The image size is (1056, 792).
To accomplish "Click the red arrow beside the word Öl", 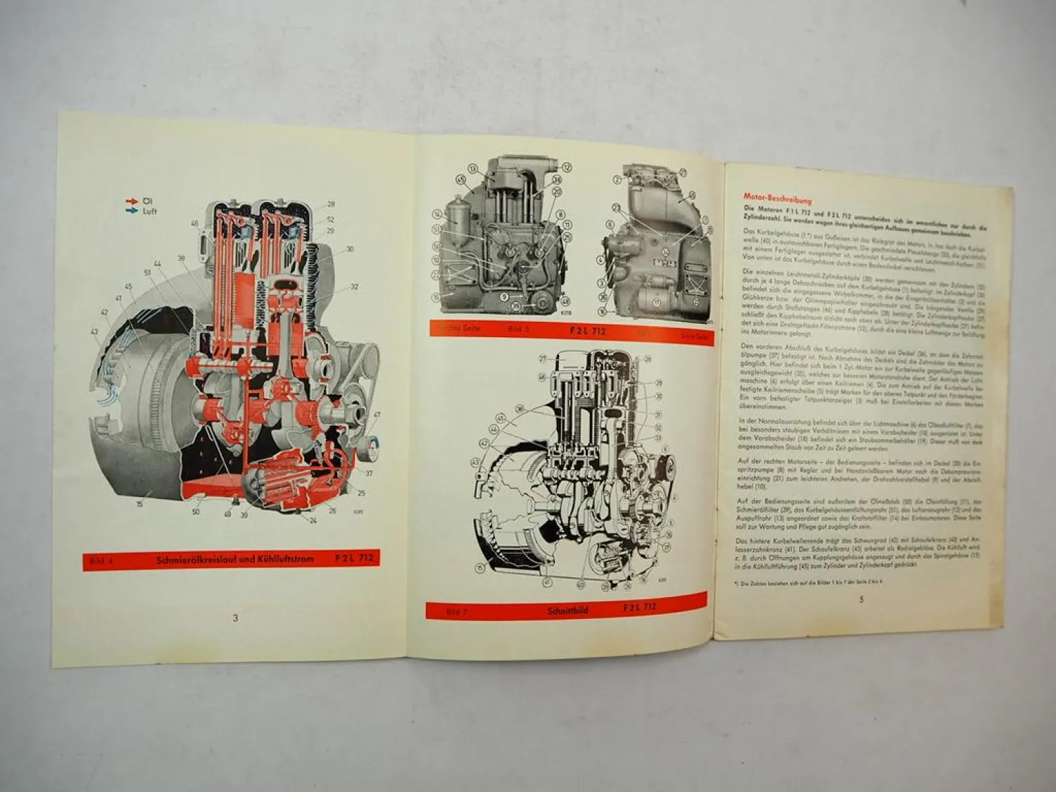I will (x=130, y=202).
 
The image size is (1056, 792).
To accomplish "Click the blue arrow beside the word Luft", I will (x=130, y=211).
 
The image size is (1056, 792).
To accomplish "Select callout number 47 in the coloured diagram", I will (x=377, y=415).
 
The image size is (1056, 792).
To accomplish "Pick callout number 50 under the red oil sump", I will (x=196, y=512).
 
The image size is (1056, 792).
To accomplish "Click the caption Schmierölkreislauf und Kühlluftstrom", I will (x=234, y=560).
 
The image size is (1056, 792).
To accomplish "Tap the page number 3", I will (x=235, y=618).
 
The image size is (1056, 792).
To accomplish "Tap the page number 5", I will (x=861, y=600).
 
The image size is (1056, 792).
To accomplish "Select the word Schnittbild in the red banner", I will (x=567, y=610).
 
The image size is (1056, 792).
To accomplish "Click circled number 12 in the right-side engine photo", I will (x=566, y=167).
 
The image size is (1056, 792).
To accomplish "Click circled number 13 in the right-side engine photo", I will (x=472, y=168).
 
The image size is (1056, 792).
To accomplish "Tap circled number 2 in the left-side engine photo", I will (x=617, y=180).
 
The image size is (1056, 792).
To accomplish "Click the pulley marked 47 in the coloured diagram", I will (x=369, y=446).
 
